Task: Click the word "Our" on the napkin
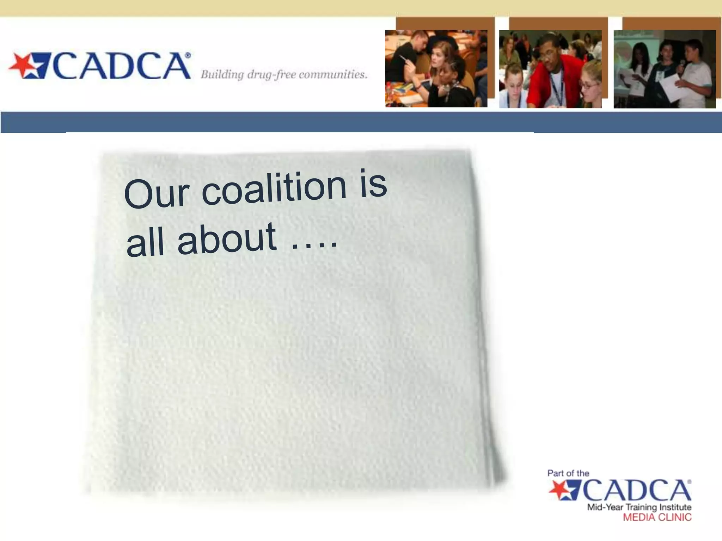[x=157, y=194]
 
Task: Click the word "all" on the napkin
[x=145, y=243]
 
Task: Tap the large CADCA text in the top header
[x=122, y=66]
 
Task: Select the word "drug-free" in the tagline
[x=271, y=75]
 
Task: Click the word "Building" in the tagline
[x=222, y=75]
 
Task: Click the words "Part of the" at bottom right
[x=568, y=473]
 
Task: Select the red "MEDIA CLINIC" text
[x=657, y=517]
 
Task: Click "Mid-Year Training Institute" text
[x=639, y=507]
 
